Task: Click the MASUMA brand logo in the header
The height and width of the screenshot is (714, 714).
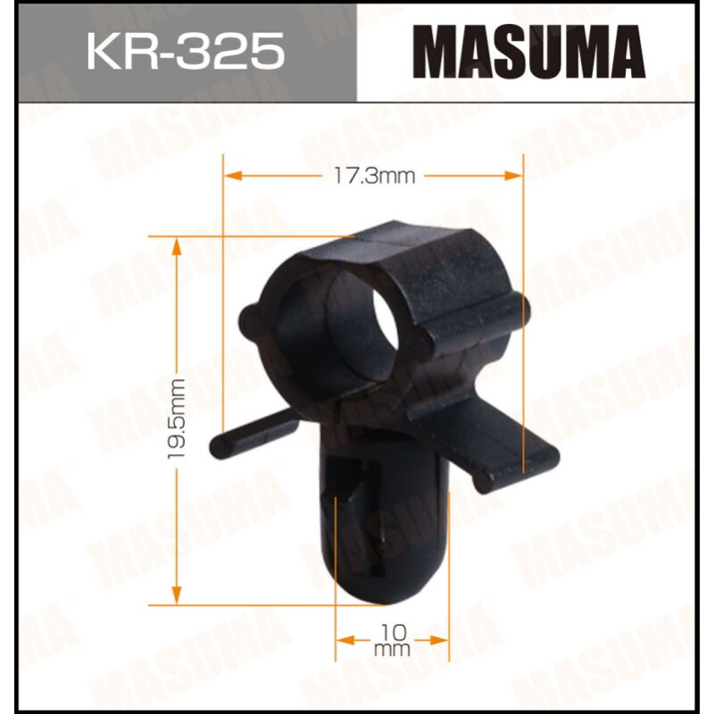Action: [533, 51]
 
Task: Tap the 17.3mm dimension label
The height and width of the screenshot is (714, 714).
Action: [374, 176]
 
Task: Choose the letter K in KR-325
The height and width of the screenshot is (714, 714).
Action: [100, 52]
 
